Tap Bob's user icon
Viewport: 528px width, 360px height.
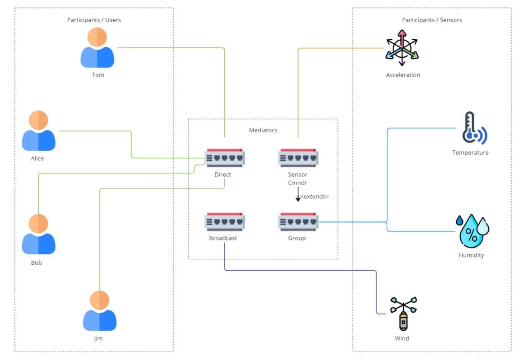(38, 234)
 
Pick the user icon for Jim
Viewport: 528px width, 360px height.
(100, 311)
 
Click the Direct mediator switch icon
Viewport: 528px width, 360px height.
(224, 158)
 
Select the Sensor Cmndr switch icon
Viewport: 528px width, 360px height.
(298, 158)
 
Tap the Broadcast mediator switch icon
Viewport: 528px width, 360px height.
(224, 222)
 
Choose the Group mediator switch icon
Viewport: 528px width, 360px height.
(298, 222)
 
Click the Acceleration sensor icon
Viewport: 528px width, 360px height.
(402, 49)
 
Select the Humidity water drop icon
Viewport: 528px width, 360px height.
(472, 231)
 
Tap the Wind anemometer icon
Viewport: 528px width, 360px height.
(403, 313)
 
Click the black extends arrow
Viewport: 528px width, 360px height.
(298, 194)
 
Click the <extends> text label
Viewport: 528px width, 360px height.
(315, 197)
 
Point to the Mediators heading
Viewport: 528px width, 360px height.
(263, 130)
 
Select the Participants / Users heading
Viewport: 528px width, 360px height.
(94, 20)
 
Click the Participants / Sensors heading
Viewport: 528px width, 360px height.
(431, 20)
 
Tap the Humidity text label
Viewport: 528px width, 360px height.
(471, 255)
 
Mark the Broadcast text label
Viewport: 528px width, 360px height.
(223, 238)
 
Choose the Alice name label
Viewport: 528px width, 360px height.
(37, 158)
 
